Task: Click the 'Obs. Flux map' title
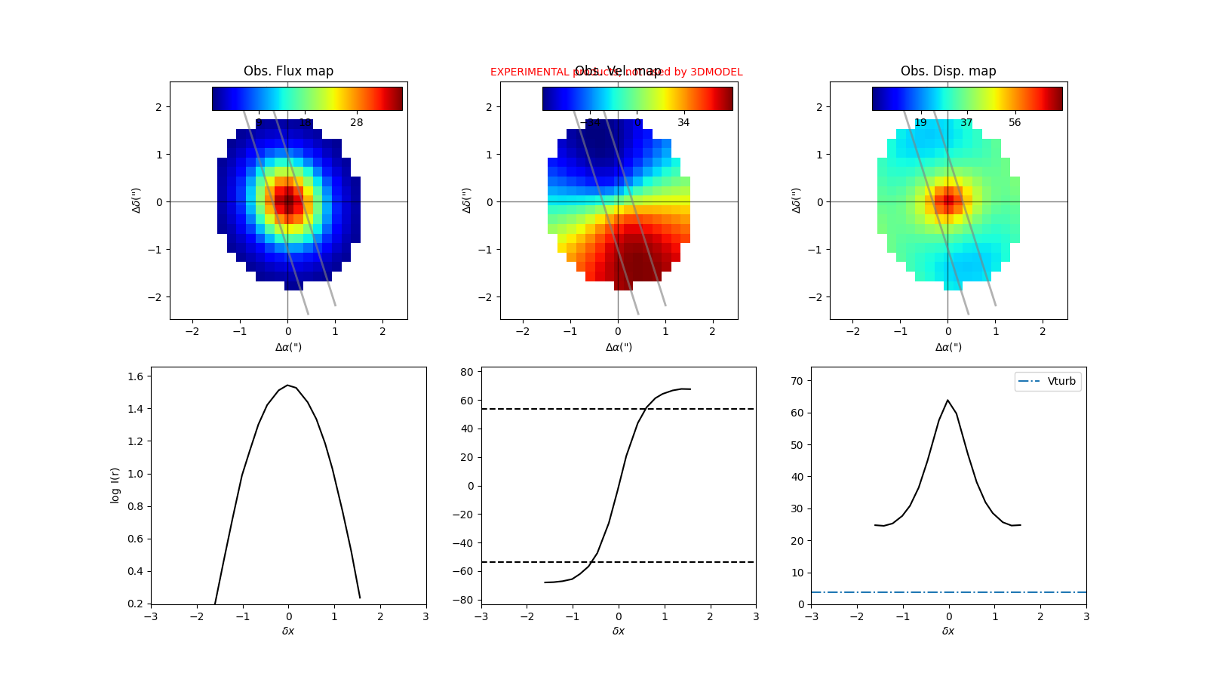tap(288, 71)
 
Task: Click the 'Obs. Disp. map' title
tap(948, 71)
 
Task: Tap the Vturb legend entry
tap(1048, 382)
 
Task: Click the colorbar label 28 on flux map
tap(356, 122)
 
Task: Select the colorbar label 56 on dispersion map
tap(1015, 122)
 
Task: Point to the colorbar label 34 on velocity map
tap(683, 122)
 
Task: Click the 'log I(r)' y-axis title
tap(115, 485)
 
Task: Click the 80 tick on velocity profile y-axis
tap(467, 372)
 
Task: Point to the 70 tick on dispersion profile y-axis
tap(797, 381)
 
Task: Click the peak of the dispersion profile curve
tap(948, 400)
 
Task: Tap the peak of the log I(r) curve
tap(288, 385)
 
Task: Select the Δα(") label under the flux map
tap(288, 347)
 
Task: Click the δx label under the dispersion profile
tap(948, 631)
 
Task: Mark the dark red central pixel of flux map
tap(288, 201)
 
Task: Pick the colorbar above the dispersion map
tap(967, 99)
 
